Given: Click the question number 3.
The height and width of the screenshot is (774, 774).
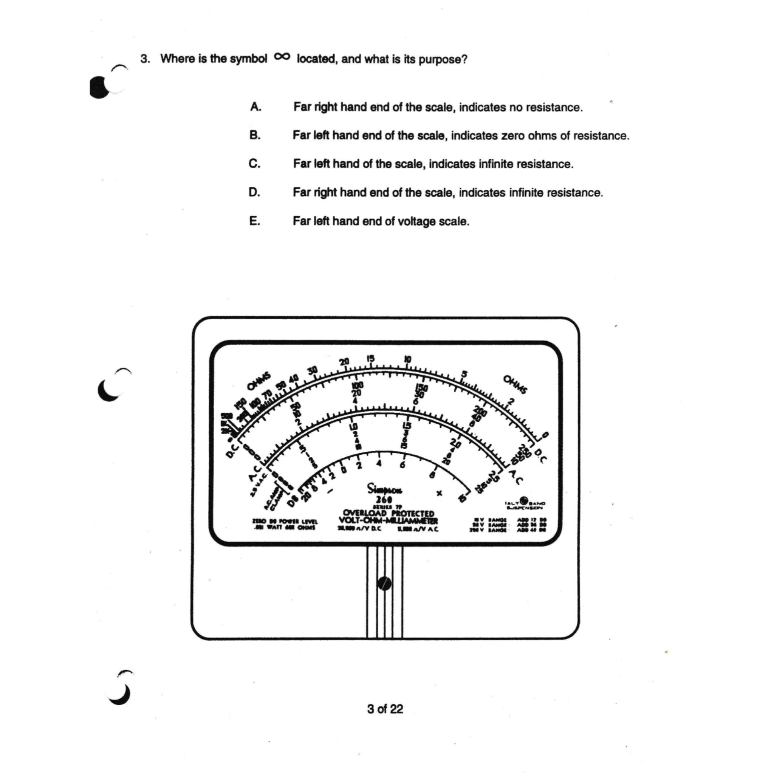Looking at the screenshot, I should point(145,59).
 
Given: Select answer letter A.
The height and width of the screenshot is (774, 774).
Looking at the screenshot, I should point(255,107).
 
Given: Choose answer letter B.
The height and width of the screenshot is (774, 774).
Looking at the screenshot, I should point(255,135).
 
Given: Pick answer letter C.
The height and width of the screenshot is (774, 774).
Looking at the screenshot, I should point(254,164).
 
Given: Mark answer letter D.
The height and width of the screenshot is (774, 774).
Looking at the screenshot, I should point(254,192).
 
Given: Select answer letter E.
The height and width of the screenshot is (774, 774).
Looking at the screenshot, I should point(254,221).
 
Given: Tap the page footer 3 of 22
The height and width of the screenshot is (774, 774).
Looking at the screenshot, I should point(385,709).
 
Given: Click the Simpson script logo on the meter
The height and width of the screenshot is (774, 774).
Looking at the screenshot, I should point(385,489).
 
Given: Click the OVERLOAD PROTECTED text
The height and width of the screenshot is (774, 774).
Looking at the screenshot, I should point(389,513).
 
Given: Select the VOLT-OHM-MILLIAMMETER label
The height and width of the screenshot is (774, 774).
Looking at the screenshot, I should point(388,520).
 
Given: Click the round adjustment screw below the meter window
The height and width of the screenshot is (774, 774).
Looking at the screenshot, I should point(384,583).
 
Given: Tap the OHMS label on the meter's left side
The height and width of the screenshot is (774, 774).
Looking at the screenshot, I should point(259,381).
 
